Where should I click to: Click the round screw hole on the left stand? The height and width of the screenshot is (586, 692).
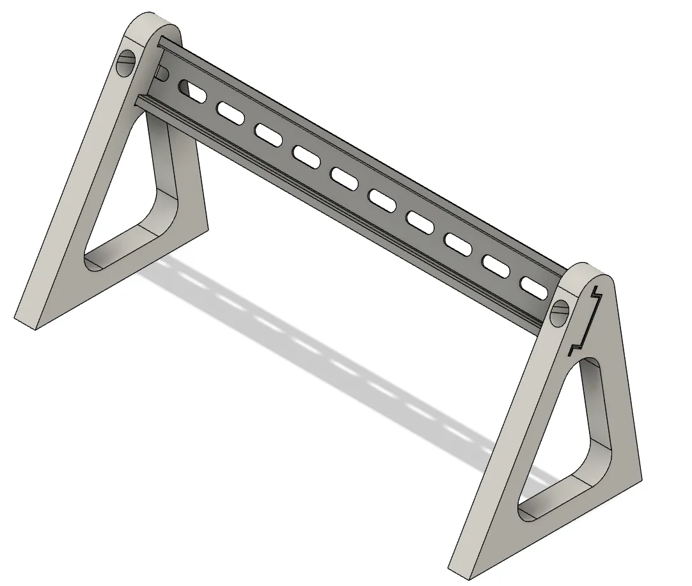pyautogui.click(x=125, y=64)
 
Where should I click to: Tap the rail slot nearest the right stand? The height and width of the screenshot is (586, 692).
pyautogui.click(x=535, y=287)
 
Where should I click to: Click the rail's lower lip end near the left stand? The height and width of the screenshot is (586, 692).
pyautogui.click(x=139, y=100)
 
